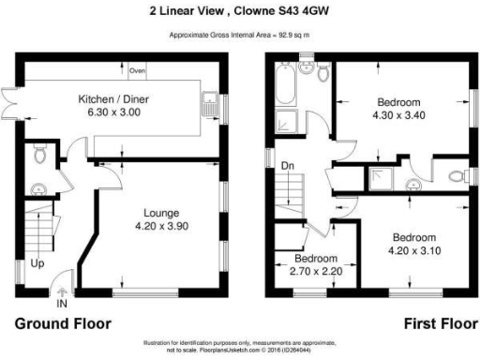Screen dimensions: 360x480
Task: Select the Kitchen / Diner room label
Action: [110, 97]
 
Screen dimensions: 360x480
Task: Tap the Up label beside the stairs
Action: [37, 264]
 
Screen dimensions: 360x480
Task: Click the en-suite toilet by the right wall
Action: [456, 175]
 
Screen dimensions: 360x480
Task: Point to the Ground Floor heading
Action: [62, 323]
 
